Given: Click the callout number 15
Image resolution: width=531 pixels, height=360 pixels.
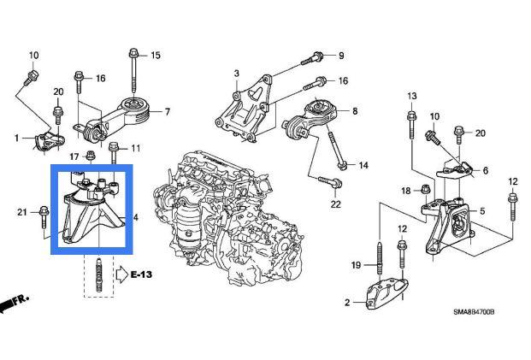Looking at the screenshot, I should [156, 56].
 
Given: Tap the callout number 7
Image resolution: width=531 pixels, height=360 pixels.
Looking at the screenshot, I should [168, 111].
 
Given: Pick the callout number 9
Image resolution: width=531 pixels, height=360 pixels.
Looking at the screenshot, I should [340, 56].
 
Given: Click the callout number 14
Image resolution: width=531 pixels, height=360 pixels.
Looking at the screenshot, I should [363, 165].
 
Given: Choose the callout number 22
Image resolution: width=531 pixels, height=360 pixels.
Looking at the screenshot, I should [336, 204].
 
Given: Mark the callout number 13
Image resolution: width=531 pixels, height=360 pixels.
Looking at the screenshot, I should [410, 95].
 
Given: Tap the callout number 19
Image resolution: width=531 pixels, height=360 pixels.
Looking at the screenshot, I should [357, 265].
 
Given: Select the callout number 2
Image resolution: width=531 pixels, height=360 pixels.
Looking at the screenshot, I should [348, 303].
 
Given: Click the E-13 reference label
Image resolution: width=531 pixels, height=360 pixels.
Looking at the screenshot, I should [142, 274].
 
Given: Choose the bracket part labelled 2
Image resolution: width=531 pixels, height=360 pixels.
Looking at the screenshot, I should [386, 294].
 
